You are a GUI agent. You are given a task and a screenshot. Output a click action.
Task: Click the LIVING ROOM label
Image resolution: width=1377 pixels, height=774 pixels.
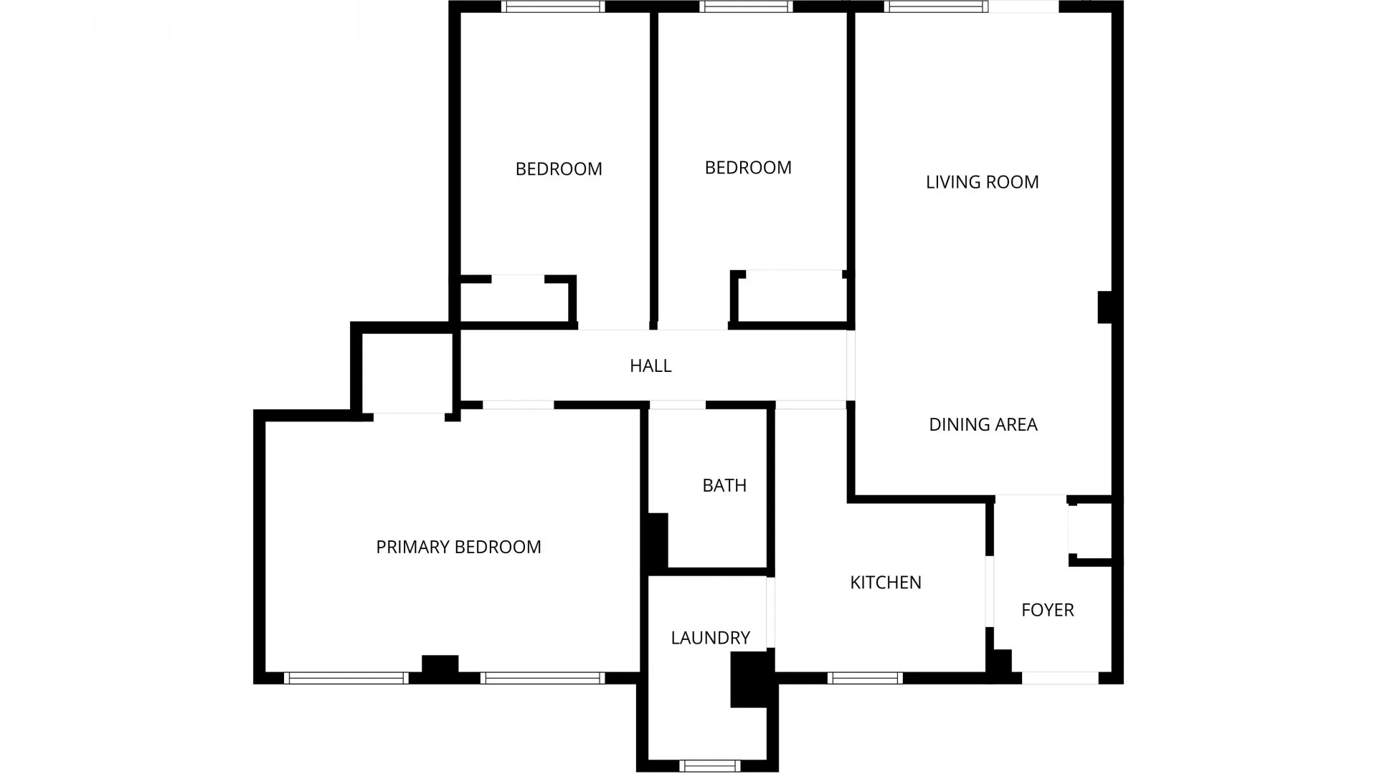pyautogui.click(x=982, y=182)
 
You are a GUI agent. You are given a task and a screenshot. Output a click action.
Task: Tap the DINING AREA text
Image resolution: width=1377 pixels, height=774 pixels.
pyautogui.click(x=983, y=424)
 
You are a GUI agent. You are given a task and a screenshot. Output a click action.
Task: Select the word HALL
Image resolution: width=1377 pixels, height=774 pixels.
pyautogui.click(x=650, y=365)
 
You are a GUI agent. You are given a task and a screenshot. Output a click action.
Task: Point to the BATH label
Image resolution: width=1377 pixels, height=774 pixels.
pyautogui.click(x=724, y=485)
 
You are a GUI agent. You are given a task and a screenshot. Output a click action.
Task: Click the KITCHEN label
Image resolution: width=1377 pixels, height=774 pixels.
pyautogui.click(x=885, y=582)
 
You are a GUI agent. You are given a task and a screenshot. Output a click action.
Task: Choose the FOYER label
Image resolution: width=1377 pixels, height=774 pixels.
pyautogui.click(x=1047, y=610)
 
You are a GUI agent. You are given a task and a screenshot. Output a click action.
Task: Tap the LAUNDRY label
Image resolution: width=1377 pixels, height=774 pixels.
pyautogui.click(x=710, y=637)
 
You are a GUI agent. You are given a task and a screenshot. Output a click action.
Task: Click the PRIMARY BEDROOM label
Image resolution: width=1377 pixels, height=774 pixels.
pyautogui.click(x=458, y=547)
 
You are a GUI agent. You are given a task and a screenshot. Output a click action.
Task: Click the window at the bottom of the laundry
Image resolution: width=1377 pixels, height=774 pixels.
pyautogui.click(x=709, y=765)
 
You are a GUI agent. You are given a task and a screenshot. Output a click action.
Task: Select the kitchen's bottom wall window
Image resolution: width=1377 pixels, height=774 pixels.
pyautogui.click(x=865, y=678)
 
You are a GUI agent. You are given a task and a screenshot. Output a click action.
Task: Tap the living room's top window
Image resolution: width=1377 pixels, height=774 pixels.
pyautogui.click(x=936, y=7)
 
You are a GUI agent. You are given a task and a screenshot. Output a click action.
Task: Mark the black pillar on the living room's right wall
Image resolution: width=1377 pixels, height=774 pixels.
pyautogui.click(x=1105, y=307)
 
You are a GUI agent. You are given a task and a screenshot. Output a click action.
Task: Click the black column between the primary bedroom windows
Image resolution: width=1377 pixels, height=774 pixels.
pyautogui.click(x=440, y=664)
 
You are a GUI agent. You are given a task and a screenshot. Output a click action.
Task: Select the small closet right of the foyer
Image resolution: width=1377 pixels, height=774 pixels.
pyautogui.click(x=1092, y=531)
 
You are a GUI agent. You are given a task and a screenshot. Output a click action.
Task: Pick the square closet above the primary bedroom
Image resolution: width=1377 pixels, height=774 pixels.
pyautogui.click(x=407, y=371)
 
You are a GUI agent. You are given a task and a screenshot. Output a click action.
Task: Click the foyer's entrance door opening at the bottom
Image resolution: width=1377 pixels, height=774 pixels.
pyautogui.click(x=1059, y=678)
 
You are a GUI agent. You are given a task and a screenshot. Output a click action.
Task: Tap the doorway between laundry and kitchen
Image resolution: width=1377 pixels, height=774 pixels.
pyautogui.click(x=771, y=612)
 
